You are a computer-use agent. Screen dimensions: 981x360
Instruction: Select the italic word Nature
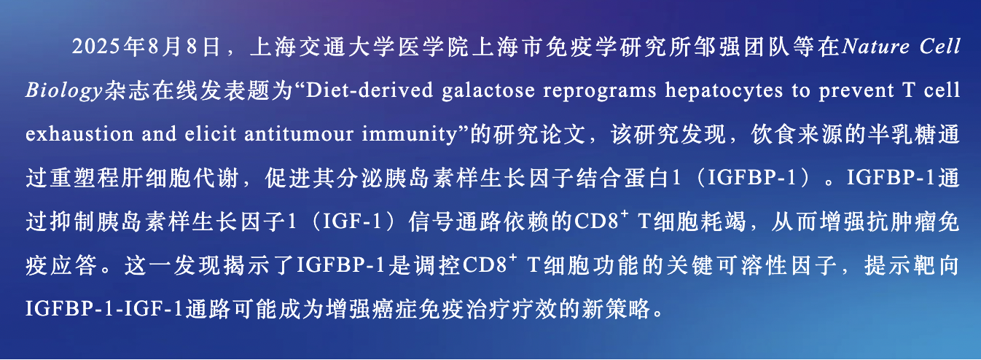(x=875, y=47)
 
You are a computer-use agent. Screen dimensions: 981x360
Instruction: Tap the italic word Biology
(x=64, y=90)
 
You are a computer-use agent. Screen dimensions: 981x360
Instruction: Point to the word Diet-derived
(x=370, y=90)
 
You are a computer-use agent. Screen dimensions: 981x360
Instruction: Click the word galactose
(x=488, y=90)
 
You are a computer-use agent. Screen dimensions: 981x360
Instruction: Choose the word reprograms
(x=600, y=91)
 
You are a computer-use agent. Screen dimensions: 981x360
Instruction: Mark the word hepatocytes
(x=724, y=90)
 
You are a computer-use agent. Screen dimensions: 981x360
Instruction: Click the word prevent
(x=856, y=91)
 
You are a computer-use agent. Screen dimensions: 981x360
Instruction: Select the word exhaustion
(x=79, y=133)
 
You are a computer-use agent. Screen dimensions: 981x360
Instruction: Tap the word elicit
(x=211, y=133)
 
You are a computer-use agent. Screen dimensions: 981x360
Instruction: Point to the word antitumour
(x=299, y=133)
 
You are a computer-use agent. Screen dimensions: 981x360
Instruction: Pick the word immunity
(x=410, y=134)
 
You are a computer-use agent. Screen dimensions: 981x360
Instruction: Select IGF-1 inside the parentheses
(x=352, y=222)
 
